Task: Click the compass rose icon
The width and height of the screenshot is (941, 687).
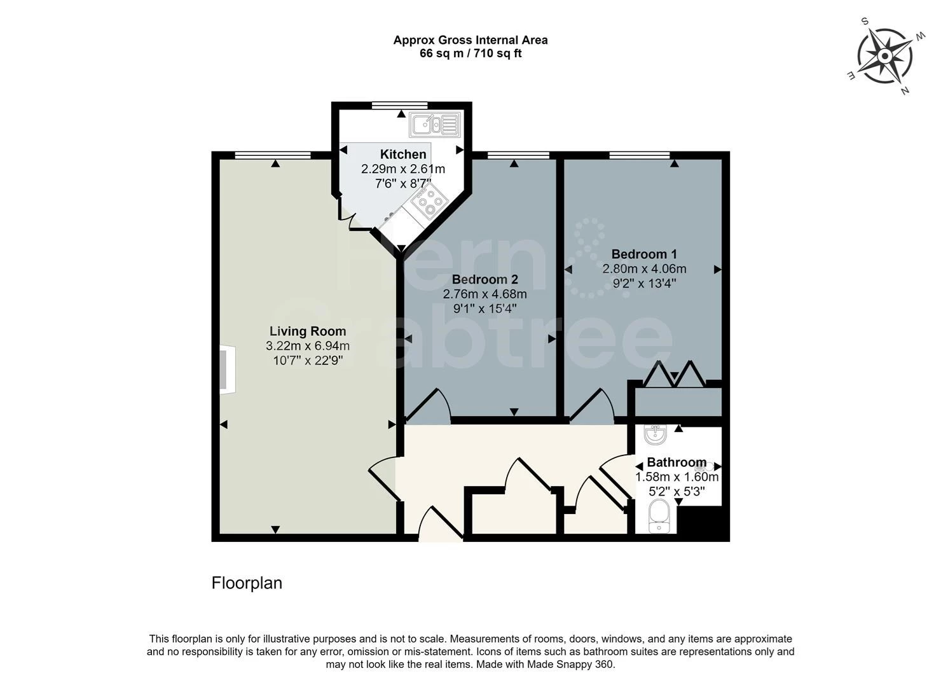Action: (x=884, y=56)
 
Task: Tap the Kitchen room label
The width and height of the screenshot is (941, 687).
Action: (x=403, y=155)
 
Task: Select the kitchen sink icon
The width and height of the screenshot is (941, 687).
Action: (x=435, y=125)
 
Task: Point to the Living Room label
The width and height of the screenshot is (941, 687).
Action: (x=308, y=331)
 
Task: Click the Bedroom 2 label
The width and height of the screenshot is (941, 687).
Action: (x=484, y=280)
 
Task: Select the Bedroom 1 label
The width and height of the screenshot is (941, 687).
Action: (x=643, y=254)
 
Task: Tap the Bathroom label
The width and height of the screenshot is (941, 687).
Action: (x=677, y=462)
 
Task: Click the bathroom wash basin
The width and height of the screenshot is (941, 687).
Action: (x=655, y=435)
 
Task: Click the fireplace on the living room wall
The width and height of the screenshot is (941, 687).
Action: (x=228, y=370)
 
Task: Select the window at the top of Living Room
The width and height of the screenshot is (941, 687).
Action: (x=273, y=155)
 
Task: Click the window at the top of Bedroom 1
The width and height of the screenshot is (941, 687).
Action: (x=639, y=155)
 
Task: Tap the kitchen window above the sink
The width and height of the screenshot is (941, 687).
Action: (x=400, y=106)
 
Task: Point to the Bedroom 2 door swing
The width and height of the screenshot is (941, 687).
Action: (x=430, y=406)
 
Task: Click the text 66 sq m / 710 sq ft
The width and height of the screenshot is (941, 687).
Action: (x=470, y=54)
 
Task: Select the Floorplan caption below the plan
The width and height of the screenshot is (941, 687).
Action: (x=247, y=583)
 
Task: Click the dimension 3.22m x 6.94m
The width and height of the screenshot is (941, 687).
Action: (x=308, y=346)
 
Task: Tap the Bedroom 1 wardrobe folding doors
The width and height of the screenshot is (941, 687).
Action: (x=674, y=375)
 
